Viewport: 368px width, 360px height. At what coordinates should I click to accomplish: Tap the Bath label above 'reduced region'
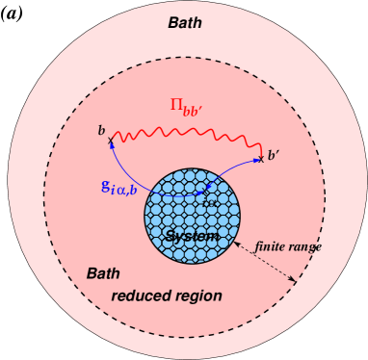click(104, 273)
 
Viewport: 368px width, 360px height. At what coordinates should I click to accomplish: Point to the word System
click(191, 236)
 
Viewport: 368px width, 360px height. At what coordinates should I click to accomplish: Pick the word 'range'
click(305, 246)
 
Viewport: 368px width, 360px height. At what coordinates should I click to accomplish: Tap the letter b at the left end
click(100, 129)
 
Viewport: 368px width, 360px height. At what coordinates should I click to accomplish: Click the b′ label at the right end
click(276, 154)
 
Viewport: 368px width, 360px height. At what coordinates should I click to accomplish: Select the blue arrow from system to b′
click(236, 172)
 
